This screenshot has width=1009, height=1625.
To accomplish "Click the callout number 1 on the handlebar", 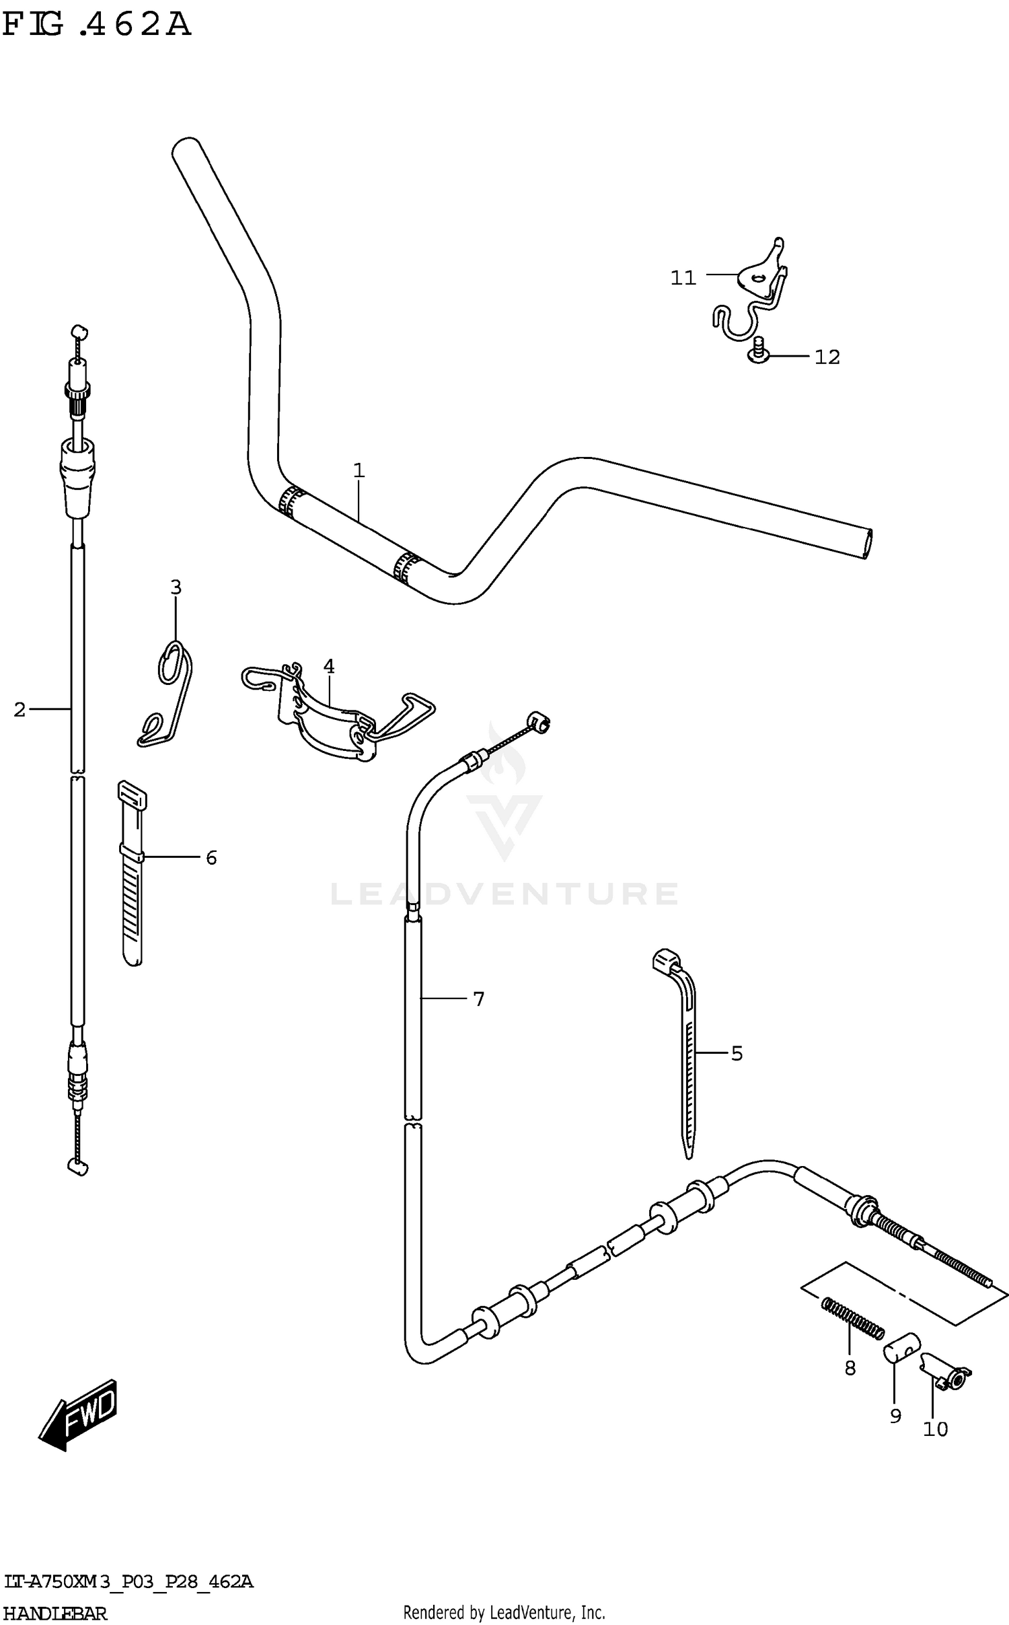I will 359,471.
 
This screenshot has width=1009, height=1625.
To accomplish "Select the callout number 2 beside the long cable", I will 20,709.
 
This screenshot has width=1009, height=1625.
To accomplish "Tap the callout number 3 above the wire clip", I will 176,587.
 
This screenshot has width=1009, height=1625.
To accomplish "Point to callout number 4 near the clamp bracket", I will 328,666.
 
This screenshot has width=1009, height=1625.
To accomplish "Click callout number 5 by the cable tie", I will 737,1054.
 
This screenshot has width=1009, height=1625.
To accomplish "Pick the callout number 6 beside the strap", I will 211,858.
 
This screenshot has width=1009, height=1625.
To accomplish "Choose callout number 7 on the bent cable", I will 478,1000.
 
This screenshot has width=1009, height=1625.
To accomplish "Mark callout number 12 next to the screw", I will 827,357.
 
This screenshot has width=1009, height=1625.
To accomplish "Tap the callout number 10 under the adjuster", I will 935,1429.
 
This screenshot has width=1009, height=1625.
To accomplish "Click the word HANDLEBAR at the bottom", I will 55,1614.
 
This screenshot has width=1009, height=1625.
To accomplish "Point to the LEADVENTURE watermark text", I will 504,894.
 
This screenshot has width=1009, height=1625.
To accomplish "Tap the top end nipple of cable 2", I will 79,332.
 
